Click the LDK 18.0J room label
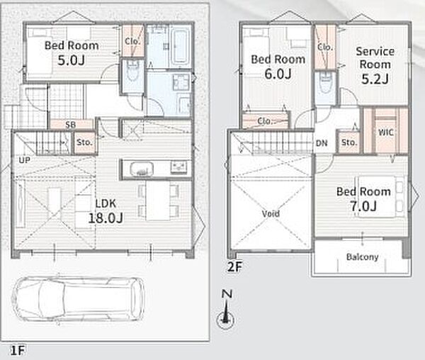tap(106, 210)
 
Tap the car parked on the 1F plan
tap(78, 299)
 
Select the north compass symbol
tap(225, 310)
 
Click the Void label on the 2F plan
tap(271, 214)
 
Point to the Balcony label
tap(363, 257)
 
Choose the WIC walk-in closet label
tap(386, 133)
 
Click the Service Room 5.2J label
tap(375, 65)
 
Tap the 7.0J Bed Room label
tap(363, 199)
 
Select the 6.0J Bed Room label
tap(278, 67)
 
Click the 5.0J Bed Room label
tap(72, 53)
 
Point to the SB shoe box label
tap(70, 125)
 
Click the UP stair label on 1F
tap(24, 160)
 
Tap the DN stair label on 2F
tap(322, 143)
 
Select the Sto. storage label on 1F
tap(84, 142)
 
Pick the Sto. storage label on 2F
tap(348, 142)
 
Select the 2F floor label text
tap(234, 267)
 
